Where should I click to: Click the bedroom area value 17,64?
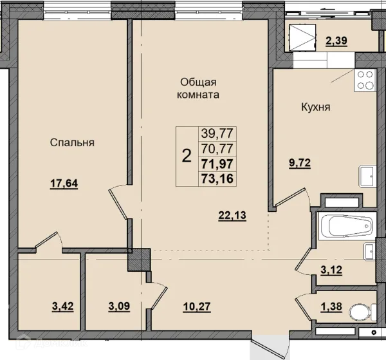click(64, 184)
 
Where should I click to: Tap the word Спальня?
click(72, 143)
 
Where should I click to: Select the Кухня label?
click(316, 107)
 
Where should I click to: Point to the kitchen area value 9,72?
click(300, 163)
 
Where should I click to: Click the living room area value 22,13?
click(232, 215)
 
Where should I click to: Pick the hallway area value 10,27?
click(197, 307)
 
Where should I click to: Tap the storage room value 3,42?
click(63, 307)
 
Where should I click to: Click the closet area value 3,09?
click(119, 307)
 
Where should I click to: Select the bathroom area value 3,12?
click(331, 270)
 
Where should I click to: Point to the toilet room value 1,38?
click(331, 307)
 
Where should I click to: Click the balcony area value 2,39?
click(336, 41)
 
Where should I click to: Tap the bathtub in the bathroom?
click(347, 226)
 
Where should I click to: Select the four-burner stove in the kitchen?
click(365, 81)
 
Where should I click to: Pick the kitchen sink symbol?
click(367, 176)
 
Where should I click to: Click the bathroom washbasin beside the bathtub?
click(370, 252)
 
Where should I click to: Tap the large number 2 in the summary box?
click(187, 156)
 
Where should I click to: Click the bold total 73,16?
click(217, 179)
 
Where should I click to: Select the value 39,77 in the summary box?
click(217, 133)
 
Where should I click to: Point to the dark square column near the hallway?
click(139, 260)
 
